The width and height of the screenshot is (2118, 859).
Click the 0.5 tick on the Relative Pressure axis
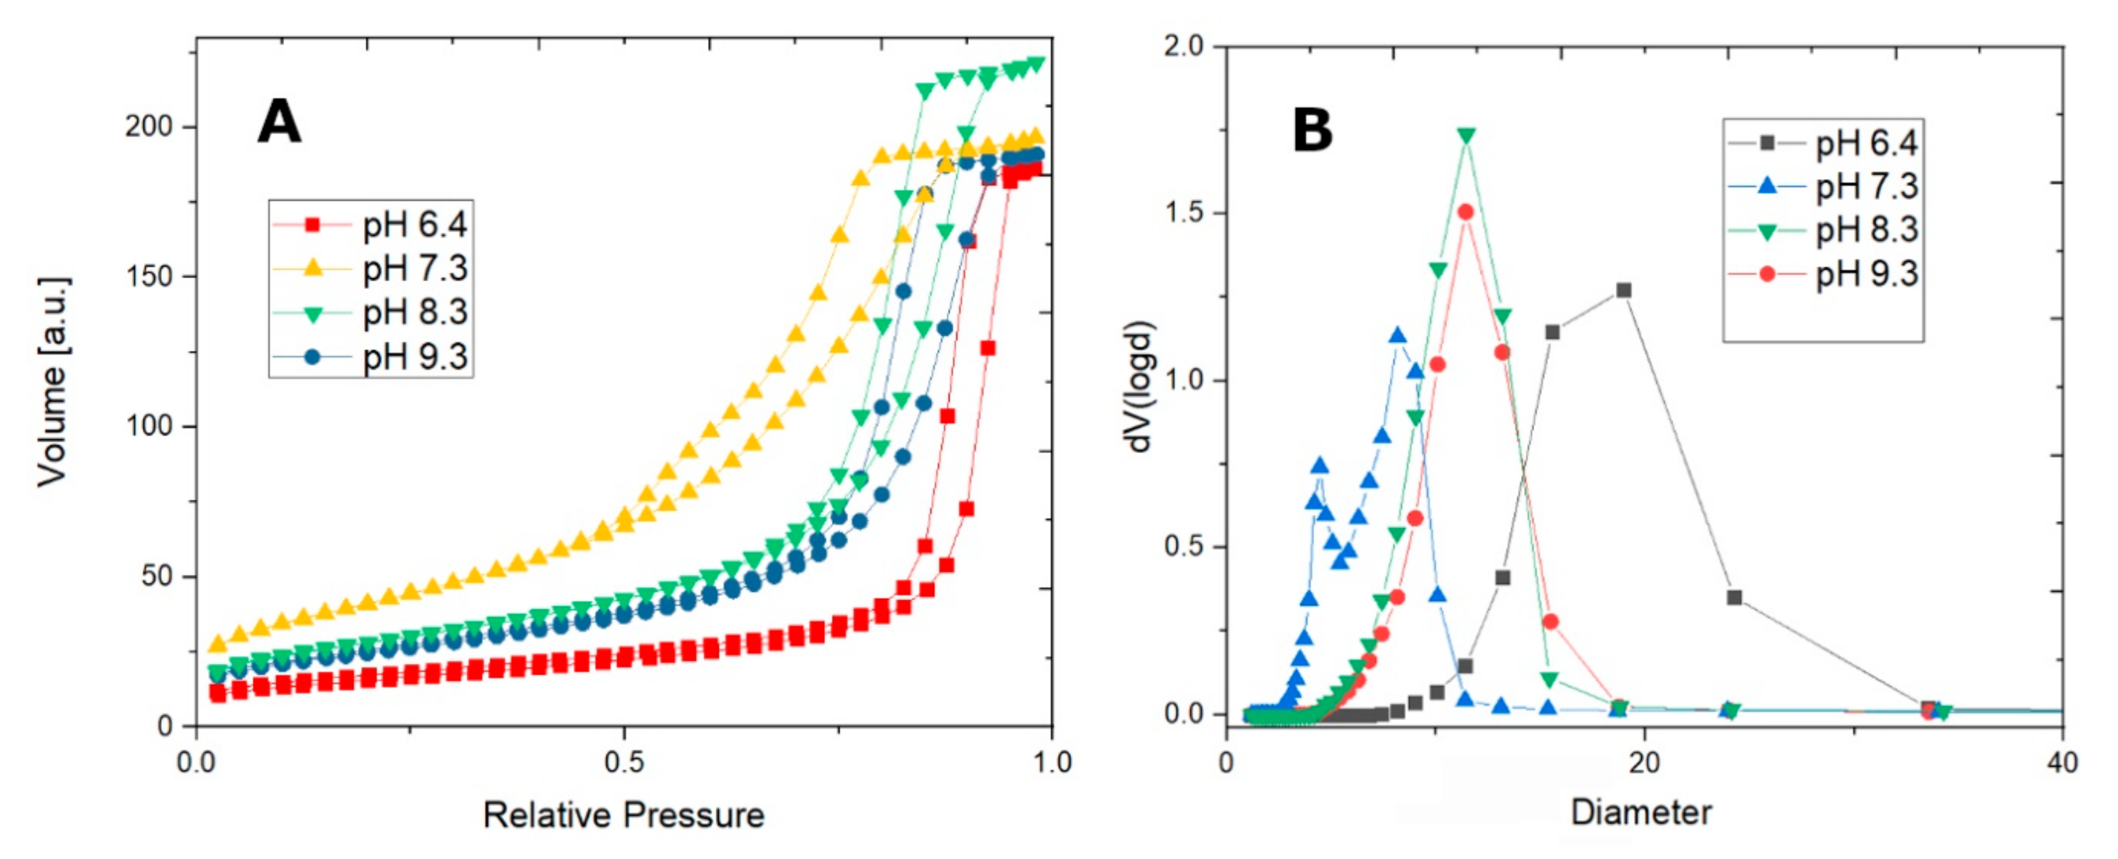point(623,762)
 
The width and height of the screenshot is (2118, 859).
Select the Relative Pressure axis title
point(623,815)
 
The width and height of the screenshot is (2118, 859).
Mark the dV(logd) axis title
point(1139,386)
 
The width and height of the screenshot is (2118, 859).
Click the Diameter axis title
point(1641,813)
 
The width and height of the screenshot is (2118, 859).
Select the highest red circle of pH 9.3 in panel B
point(1465,212)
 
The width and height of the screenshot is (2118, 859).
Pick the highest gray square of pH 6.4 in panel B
point(1624,290)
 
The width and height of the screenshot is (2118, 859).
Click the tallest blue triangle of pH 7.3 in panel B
point(1397,335)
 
